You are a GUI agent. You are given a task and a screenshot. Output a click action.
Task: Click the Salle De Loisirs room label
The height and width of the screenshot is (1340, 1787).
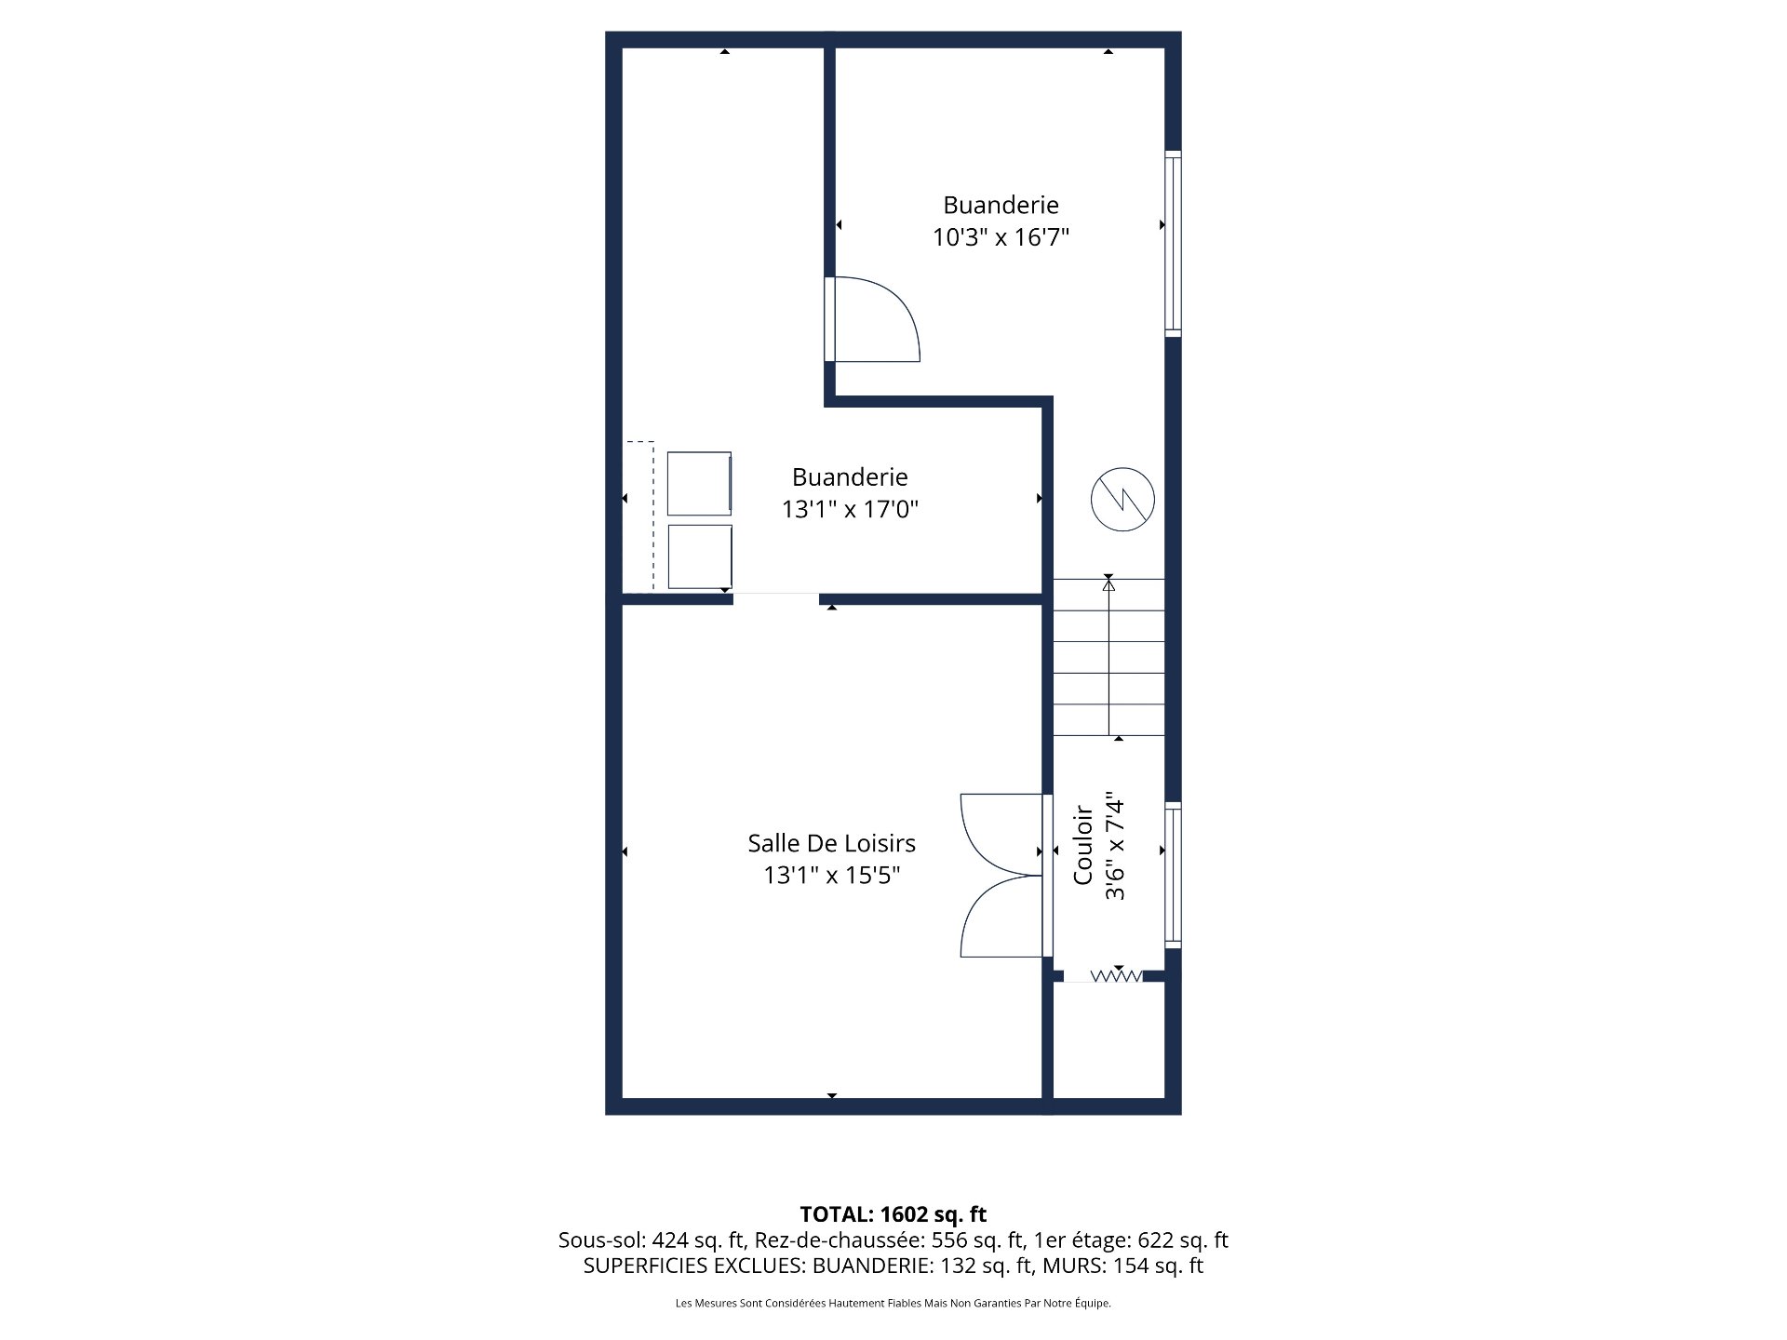[831, 843]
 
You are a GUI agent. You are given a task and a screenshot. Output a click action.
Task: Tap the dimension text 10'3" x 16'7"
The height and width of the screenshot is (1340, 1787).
[1001, 237]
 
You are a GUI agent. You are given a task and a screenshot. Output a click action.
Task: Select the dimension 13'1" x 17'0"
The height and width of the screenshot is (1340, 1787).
[850, 509]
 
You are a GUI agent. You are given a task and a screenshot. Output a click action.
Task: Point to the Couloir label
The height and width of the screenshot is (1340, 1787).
[1082, 845]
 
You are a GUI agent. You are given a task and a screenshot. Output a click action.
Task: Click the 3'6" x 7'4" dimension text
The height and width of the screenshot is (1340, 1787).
[1115, 846]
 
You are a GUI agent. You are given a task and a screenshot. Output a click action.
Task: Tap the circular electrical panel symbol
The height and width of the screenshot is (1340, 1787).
[1122, 500]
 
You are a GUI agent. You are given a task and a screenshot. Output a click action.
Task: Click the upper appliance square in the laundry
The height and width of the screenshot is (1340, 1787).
[699, 483]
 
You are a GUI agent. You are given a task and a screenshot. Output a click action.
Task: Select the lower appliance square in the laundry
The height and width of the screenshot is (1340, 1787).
[700, 556]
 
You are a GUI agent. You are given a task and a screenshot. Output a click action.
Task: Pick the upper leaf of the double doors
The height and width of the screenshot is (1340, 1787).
[1001, 834]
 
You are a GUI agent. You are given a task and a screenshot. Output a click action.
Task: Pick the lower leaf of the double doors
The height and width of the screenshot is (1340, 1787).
[1001, 917]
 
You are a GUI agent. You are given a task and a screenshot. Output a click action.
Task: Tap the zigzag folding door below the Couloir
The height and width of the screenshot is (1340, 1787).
[1116, 976]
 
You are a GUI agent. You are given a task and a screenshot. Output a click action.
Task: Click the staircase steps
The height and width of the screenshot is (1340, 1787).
[1108, 656]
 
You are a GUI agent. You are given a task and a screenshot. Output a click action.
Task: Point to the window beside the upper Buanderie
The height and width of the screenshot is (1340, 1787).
[1173, 244]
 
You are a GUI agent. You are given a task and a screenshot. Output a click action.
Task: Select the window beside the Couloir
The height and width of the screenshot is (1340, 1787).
[1173, 875]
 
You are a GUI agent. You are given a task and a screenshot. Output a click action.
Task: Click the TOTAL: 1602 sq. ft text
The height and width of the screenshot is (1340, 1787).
[893, 1214]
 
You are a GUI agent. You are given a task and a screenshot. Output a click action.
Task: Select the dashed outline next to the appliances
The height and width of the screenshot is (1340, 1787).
[639, 516]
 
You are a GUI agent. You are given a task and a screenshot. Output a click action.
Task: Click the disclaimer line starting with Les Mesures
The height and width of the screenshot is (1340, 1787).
[893, 1304]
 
